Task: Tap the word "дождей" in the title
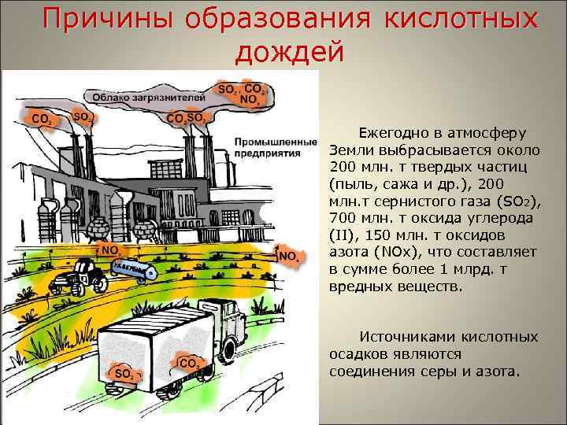pyautogui.click(x=290, y=53)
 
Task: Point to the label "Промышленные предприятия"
pyautogui.click(x=268, y=147)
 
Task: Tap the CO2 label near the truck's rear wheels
pyautogui.click(x=188, y=363)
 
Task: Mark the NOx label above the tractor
pyautogui.click(x=109, y=250)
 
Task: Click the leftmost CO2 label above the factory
pyautogui.click(x=42, y=120)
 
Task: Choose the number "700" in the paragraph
pyautogui.click(x=344, y=218)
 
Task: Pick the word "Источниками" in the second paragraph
pyautogui.click(x=401, y=337)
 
